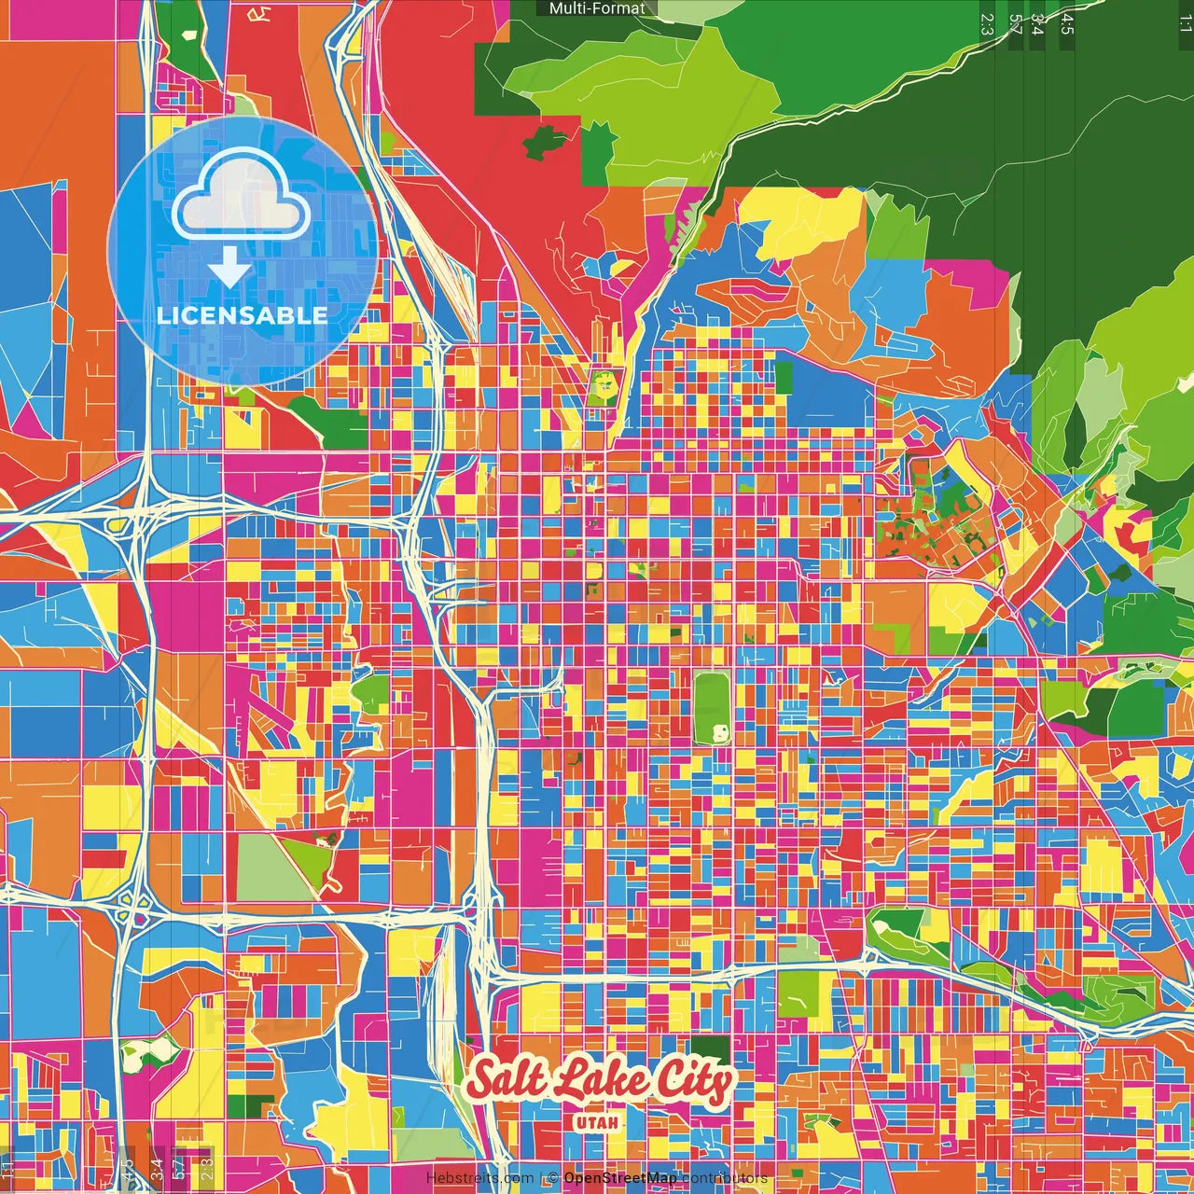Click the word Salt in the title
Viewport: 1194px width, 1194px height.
(x=506, y=1078)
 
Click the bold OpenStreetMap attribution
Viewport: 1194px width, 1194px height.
(x=620, y=1178)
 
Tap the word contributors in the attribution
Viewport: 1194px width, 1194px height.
(x=724, y=1178)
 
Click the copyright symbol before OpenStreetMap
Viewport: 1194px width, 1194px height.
(x=553, y=1178)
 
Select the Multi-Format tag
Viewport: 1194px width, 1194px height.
(x=597, y=8)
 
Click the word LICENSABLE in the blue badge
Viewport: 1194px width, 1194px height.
(x=243, y=315)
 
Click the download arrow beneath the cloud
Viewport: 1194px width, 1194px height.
(x=229, y=268)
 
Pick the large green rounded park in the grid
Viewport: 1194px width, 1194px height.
(x=713, y=709)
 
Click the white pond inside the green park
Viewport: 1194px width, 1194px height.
(x=719, y=731)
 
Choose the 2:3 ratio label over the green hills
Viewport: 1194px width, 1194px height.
(x=986, y=24)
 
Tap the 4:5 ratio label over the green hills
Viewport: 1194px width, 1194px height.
(x=1067, y=24)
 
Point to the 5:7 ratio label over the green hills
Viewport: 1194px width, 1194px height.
(x=1015, y=24)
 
